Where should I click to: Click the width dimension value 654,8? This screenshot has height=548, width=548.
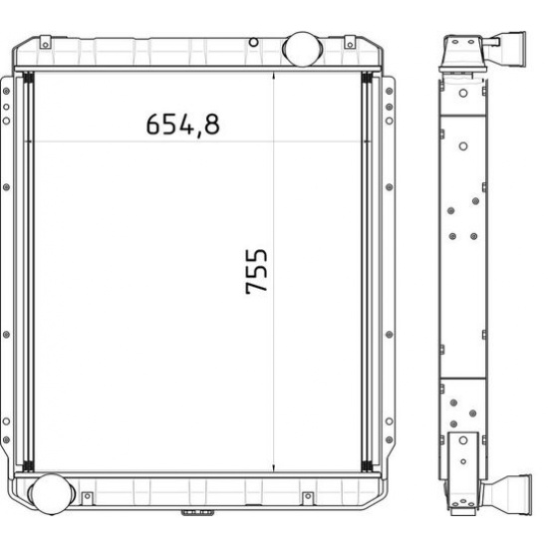182,125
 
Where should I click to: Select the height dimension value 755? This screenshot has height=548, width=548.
256,271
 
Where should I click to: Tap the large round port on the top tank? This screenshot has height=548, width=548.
302,49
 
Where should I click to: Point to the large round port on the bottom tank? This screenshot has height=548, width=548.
52,494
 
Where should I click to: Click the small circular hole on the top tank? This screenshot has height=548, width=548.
254,43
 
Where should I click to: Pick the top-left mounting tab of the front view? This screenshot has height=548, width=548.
46,42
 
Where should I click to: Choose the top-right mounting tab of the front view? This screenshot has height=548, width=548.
350,42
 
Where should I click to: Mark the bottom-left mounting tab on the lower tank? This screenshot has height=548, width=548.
88,497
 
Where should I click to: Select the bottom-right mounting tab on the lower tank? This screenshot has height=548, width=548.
308,497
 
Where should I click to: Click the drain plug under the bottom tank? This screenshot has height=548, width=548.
197,512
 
